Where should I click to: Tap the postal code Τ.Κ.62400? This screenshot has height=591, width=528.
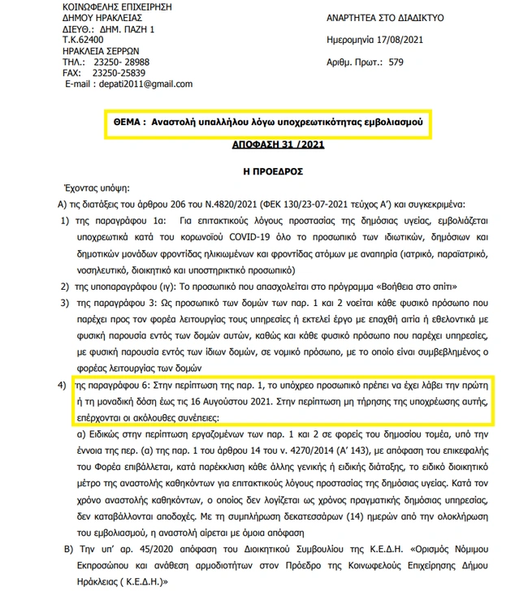(x=82, y=39)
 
